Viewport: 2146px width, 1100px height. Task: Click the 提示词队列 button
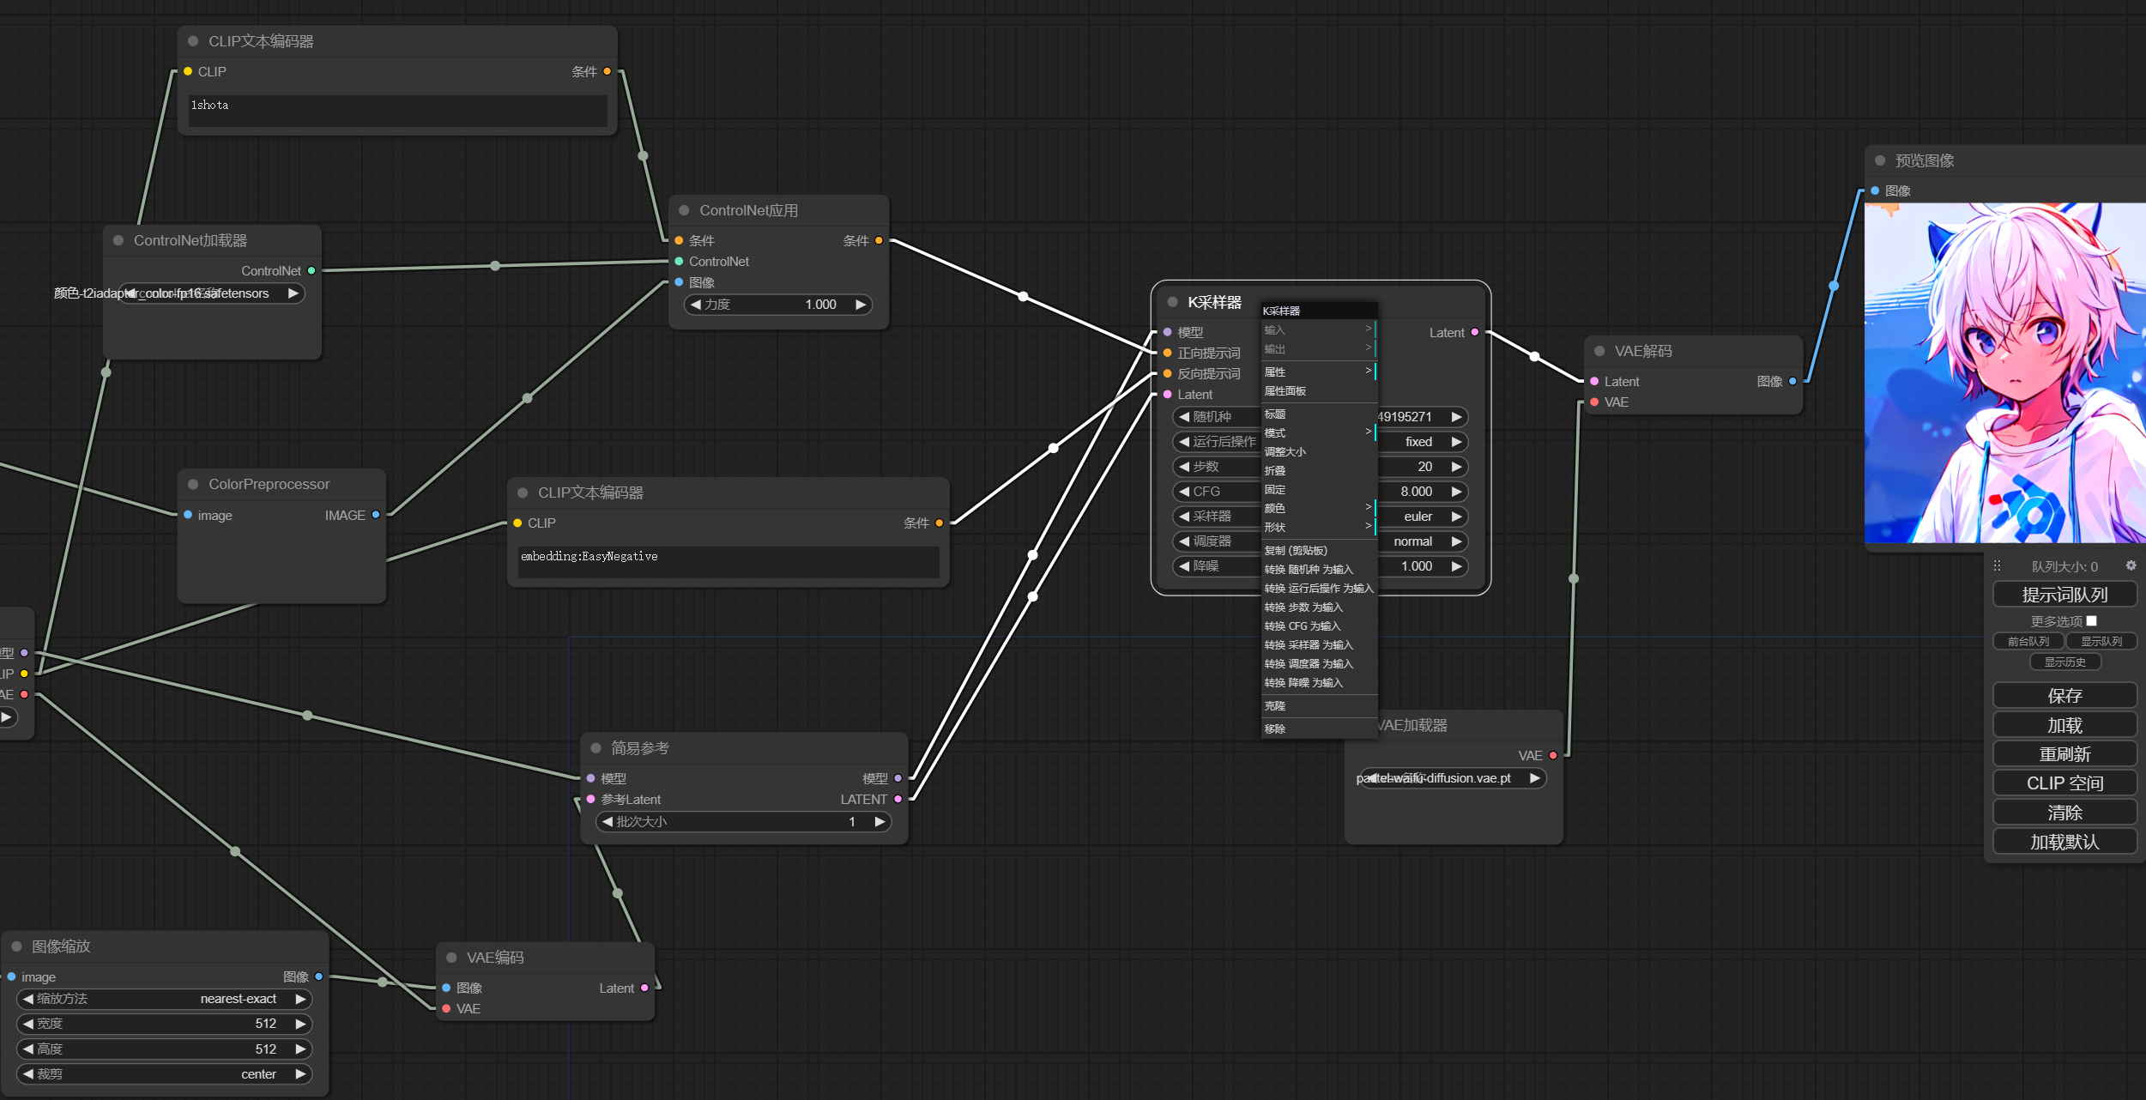click(x=2064, y=595)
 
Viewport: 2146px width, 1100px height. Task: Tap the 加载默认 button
click(x=2064, y=842)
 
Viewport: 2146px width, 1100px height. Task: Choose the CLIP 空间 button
click(x=2064, y=783)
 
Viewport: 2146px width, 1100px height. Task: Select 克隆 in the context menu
click(x=1275, y=706)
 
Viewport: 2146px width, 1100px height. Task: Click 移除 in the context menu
click(x=1275, y=729)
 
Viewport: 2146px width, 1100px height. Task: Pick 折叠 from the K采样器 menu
click(x=1275, y=471)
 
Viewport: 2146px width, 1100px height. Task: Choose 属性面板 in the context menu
click(x=1285, y=391)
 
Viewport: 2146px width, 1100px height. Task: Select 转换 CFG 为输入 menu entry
click(x=1303, y=626)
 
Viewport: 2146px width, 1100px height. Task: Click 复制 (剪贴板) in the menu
click(x=1296, y=551)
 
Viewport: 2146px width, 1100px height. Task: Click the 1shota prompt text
click(x=210, y=106)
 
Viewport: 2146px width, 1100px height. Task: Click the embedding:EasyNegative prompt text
click(x=589, y=557)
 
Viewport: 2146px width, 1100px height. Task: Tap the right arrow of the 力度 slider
click(x=861, y=305)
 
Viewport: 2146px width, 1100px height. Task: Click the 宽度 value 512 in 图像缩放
click(x=265, y=1024)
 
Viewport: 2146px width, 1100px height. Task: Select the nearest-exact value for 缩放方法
click(x=239, y=999)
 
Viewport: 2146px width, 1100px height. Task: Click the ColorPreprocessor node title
click(x=269, y=485)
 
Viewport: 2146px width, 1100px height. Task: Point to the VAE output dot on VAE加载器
click(x=1553, y=756)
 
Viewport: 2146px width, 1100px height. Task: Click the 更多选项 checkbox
click(x=2091, y=621)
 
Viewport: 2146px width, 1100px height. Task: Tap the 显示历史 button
click(x=2064, y=662)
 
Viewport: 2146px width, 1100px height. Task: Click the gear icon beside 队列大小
click(x=2131, y=566)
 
